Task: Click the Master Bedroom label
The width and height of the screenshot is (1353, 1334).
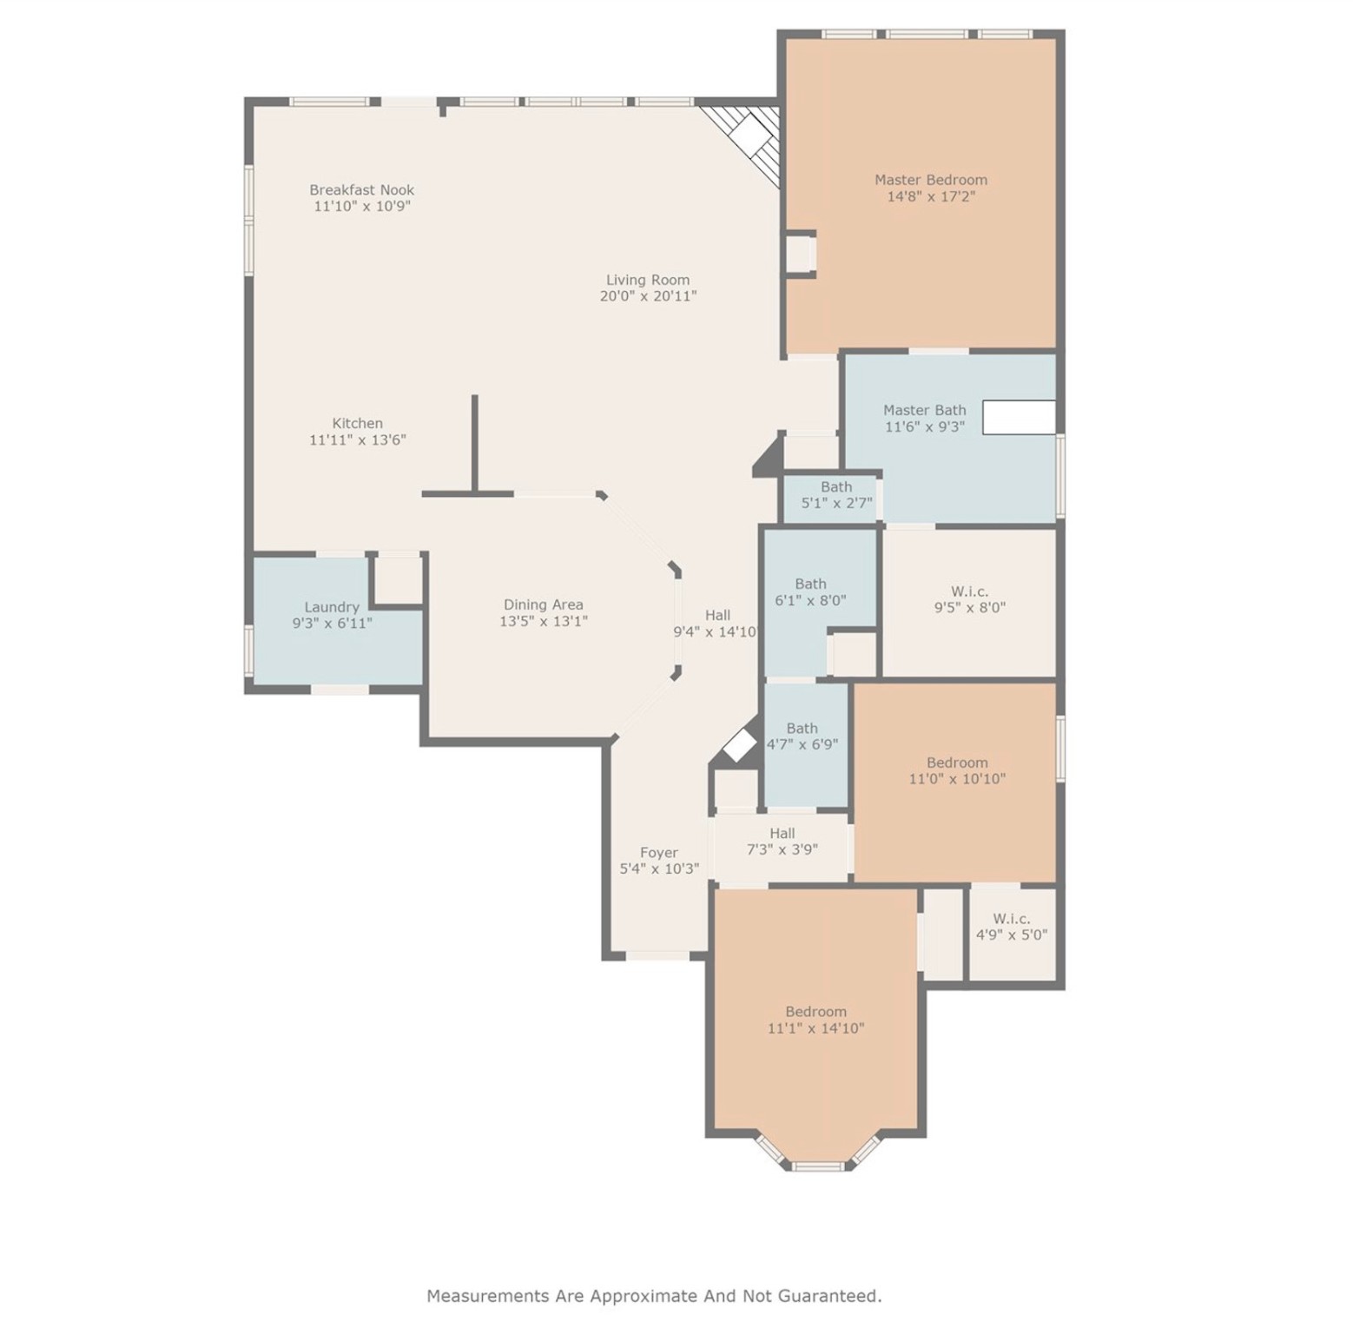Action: (x=930, y=180)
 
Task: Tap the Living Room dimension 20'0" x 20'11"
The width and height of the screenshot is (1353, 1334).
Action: (x=648, y=296)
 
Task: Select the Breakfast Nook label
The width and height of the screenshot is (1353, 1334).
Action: (x=361, y=189)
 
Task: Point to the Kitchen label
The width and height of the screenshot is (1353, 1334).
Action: (x=357, y=423)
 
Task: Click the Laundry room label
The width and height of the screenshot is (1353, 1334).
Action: (x=331, y=607)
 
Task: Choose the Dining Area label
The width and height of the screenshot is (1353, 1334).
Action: (x=543, y=604)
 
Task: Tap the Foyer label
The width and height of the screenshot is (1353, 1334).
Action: (x=658, y=853)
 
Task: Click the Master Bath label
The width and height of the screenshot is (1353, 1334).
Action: (x=924, y=410)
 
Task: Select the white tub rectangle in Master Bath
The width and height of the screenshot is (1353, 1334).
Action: (x=1019, y=417)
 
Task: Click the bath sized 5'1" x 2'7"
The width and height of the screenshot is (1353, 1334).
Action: (x=836, y=495)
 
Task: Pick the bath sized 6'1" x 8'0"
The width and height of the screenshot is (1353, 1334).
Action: (x=810, y=592)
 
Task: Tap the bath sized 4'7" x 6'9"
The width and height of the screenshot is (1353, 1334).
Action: (x=802, y=736)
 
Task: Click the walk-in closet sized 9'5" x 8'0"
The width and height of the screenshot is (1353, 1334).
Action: (x=969, y=600)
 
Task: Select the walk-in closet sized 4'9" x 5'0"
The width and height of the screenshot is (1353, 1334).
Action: (x=1012, y=927)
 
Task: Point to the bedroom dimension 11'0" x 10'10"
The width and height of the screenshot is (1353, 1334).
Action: (x=957, y=779)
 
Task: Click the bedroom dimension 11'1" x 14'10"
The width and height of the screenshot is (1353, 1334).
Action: (x=815, y=1028)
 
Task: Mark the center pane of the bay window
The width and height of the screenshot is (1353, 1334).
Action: (x=817, y=1166)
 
